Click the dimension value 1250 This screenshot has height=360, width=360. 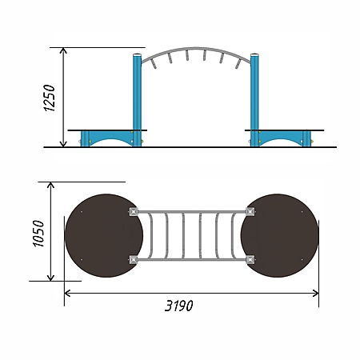click(x=49, y=98)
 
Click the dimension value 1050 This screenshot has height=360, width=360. click(x=38, y=234)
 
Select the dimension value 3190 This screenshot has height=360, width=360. click(x=178, y=306)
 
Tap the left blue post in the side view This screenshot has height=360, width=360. click(x=137, y=100)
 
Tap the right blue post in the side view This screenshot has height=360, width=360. click(x=254, y=100)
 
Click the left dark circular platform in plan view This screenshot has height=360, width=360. click(x=104, y=235)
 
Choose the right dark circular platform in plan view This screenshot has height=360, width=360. click(x=279, y=235)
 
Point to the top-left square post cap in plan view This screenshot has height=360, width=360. click(x=134, y=212)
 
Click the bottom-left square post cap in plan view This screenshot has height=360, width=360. click(x=134, y=259)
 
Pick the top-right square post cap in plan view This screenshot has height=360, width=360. click(x=250, y=212)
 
